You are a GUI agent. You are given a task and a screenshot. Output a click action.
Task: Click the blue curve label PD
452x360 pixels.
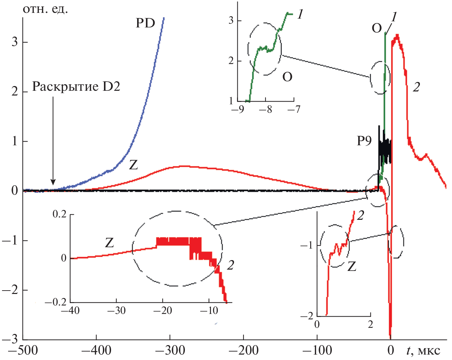tap(145, 23)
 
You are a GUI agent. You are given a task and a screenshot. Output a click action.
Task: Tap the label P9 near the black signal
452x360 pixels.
tap(364, 141)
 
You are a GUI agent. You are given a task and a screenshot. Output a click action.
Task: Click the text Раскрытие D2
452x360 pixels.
tap(76, 87)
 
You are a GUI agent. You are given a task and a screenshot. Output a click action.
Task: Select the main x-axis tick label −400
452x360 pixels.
tap(96, 350)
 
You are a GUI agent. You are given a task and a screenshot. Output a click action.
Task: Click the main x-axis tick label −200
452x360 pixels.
tap(243, 350)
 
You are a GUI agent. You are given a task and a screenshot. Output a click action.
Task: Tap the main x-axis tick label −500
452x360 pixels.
tap(23, 350)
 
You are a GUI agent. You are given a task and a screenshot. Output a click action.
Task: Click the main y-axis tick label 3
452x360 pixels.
tap(15, 42)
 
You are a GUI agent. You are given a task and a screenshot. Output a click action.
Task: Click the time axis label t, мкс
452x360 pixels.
tap(423, 350)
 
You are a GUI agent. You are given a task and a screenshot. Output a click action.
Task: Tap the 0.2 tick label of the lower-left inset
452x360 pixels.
tap(60, 214)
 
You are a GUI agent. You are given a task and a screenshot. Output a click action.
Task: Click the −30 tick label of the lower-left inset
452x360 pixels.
tap(116, 311)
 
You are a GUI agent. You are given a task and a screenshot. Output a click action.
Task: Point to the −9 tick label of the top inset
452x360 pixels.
tap(238, 109)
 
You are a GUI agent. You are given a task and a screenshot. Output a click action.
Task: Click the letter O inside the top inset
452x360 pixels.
tap(287, 77)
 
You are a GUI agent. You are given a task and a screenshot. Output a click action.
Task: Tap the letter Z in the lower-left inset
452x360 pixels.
tap(109, 243)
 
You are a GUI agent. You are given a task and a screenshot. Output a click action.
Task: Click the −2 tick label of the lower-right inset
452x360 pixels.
tap(307, 316)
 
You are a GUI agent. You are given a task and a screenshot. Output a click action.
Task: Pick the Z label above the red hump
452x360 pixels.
tap(134, 165)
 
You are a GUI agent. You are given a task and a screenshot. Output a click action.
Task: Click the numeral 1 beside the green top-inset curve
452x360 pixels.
tap(300, 14)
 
